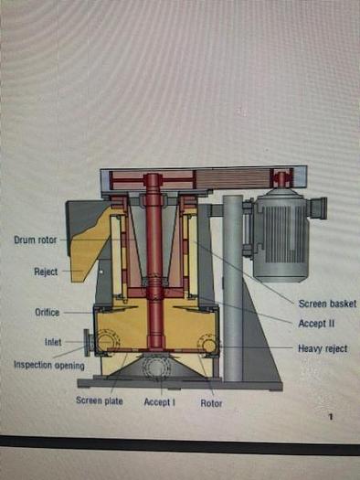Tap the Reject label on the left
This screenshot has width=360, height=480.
click(46, 272)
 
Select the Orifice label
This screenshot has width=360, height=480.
click(48, 313)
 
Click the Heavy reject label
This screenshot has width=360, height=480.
click(323, 348)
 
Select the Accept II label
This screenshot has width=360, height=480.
click(316, 324)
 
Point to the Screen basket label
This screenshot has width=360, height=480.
click(326, 304)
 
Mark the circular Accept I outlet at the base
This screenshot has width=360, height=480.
click(154, 368)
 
